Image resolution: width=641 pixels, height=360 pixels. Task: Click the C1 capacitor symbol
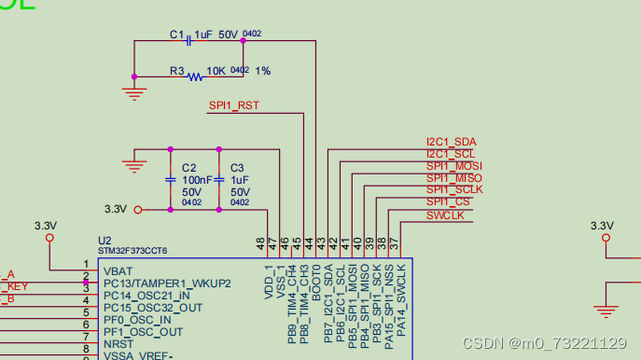pos(190,39)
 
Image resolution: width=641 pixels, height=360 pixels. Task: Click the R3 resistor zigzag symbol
pos(194,76)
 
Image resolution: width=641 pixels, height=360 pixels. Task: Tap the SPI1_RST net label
pos(233,105)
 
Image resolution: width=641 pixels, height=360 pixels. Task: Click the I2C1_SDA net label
pos(451,142)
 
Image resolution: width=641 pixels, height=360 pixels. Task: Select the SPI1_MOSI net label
pos(453,166)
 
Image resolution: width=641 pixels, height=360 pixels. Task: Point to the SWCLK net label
pos(445,215)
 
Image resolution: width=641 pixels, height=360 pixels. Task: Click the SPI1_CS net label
pos(449,201)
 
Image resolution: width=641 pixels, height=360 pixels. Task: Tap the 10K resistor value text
pos(216,71)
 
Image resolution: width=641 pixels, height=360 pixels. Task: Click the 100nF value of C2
pos(196,180)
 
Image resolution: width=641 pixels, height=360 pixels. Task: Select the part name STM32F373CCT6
pos(132,251)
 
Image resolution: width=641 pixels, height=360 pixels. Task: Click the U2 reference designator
pos(105,240)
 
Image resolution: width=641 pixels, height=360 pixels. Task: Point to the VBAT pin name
pos(118,270)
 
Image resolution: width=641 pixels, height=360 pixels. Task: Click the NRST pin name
pos(118,344)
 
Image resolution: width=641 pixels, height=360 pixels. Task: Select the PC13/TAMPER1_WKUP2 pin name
pos(166,283)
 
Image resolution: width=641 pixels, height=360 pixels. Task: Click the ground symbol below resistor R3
pos(135,92)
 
